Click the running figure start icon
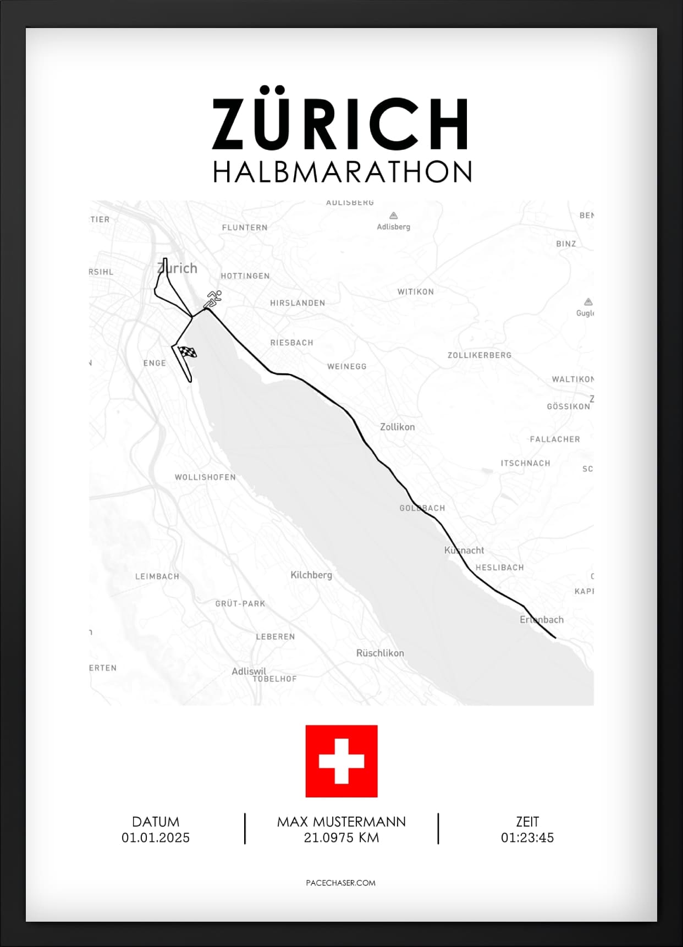[213, 299]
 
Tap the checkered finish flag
[188, 352]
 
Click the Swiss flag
[341, 761]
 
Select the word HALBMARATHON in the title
[342, 172]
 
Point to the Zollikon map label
[398, 427]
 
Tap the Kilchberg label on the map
[311, 575]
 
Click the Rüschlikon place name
[380, 653]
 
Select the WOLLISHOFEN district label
[205, 477]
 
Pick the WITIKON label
[416, 291]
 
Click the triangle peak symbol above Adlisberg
[393, 216]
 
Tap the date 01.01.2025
[156, 838]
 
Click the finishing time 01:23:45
[527, 838]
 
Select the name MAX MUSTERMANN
[341, 822]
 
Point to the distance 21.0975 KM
[341, 838]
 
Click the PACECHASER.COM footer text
[341, 883]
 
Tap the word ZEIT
[527, 822]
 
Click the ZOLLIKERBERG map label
[480, 355]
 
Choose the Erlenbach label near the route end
[542, 620]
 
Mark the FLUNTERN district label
[245, 228]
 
